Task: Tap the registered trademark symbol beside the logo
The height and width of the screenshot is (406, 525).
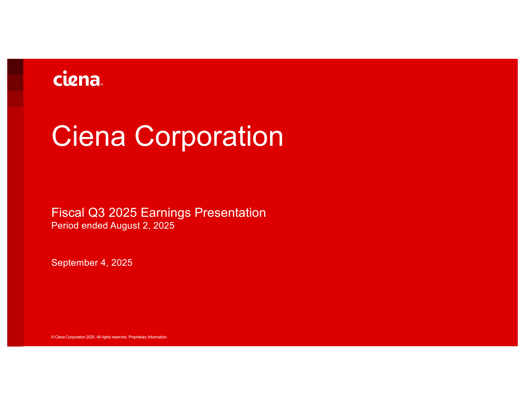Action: coord(102,84)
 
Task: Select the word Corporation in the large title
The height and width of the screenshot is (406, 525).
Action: coord(209,138)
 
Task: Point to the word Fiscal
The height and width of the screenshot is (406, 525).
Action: coord(68,213)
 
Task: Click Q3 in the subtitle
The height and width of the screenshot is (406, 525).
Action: coord(96,213)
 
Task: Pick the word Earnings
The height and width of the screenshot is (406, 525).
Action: coord(166,213)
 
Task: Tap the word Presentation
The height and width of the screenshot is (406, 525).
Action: coord(230,213)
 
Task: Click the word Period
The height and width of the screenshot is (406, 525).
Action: coord(65,225)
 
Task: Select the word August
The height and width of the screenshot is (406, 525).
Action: coord(125,226)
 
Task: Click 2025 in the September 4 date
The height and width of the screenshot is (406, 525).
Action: coord(122,262)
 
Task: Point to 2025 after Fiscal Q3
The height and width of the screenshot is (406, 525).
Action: coord(123,213)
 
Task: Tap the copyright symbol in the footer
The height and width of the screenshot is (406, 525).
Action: coord(53,337)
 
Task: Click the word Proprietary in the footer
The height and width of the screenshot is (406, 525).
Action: coord(137,337)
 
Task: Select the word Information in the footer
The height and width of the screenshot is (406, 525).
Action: coord(157,337)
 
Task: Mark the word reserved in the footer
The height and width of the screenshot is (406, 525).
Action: coord(119,337)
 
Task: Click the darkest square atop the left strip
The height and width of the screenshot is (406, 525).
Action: coord(15,67)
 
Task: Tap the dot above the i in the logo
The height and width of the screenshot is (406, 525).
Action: coord(65,72)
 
